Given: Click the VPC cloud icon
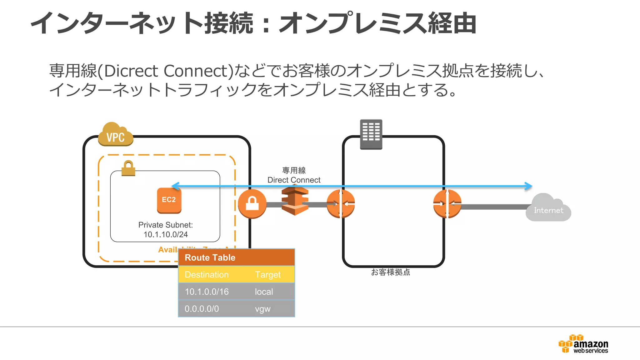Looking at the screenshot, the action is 115,135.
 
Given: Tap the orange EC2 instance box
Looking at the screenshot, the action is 169,200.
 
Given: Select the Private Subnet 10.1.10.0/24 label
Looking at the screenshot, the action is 166,230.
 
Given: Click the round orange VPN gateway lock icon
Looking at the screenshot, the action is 252,204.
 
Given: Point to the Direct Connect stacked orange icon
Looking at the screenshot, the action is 295,200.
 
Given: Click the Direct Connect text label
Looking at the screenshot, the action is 294,180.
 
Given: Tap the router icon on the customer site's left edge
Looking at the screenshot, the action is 341,204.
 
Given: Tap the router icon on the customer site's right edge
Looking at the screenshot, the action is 447,204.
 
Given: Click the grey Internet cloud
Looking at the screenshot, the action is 548,208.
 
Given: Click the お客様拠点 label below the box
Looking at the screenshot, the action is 390,272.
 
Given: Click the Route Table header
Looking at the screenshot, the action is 210,257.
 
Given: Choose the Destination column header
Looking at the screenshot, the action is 207,275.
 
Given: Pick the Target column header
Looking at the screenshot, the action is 268,275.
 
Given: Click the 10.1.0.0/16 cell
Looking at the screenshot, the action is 207,292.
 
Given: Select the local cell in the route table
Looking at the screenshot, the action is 264,292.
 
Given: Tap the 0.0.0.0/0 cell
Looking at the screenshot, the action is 202,309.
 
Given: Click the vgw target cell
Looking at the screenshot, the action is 262,309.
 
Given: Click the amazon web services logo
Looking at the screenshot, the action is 583,344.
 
